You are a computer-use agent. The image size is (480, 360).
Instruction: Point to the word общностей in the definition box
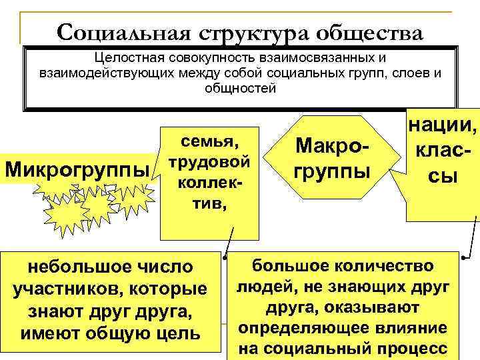[x=240, y=88]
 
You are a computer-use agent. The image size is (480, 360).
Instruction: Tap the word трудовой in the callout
[x=210, y=162]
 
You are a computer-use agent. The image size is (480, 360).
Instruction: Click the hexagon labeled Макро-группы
[x=331, y=159]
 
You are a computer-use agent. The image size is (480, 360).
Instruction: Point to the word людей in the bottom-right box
[x=261, y=287]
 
